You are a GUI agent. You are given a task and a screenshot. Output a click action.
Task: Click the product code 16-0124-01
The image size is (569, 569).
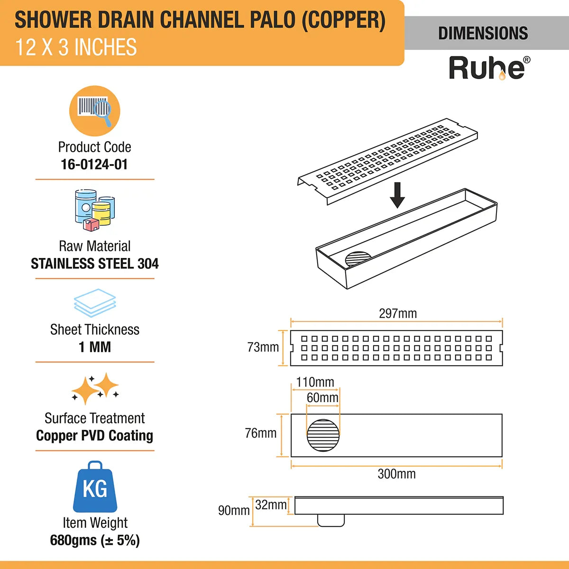(x=94, y=165)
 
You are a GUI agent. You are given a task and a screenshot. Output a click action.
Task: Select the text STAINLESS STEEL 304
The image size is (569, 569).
(x=94, y=264)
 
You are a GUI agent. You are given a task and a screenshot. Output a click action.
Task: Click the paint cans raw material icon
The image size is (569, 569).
(x=94, y=210)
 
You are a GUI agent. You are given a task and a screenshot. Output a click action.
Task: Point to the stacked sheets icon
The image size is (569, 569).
(x=95, y=303)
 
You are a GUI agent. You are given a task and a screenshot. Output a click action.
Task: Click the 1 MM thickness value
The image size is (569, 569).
(x=94, y=347)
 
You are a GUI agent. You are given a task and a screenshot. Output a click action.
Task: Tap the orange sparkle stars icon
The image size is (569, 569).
(x=95, y=389)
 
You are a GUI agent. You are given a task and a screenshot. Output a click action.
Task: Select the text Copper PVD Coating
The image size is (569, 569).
(x=94, y=436)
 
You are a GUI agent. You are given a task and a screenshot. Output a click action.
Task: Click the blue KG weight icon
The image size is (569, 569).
(x=95, y=487)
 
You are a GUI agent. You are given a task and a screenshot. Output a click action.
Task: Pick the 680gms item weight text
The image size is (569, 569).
(x=94, y=541)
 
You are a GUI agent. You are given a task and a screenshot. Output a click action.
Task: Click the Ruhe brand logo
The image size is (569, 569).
(x=488, y=68)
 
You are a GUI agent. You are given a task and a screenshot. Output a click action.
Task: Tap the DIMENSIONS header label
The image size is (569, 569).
(x=483, y=33)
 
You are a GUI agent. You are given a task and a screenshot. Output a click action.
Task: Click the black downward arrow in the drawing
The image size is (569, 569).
(x=397, y=195)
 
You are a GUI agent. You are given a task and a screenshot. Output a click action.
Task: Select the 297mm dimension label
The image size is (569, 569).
(x=398, y=313)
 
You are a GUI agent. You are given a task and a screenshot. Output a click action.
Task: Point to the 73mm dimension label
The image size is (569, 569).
(x=263, y=348)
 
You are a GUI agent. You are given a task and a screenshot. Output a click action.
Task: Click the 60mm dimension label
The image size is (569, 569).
(x=322, y=398)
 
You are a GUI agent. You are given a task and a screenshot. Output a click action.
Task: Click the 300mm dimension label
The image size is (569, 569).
(x=396, y=474)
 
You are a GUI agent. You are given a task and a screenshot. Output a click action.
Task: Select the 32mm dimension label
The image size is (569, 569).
(x=271, y=505)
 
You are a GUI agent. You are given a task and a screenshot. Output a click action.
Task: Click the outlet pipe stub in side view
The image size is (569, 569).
(x=331, y=521)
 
